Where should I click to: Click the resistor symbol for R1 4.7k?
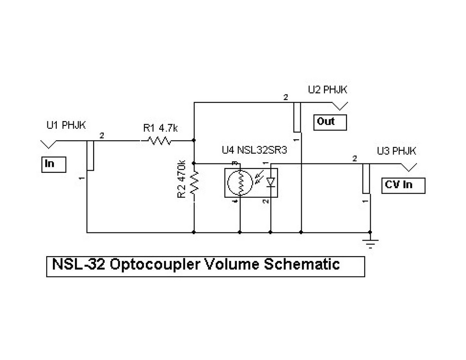coord(159,141)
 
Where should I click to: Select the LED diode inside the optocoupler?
coord(271,182)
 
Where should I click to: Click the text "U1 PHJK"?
coord(66,125)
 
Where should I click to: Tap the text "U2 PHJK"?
coord(328,90)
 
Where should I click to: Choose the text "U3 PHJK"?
coord(397,151)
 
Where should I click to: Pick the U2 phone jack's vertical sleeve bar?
coord(297,117)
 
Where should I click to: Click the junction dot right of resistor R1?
coord(194,141)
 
